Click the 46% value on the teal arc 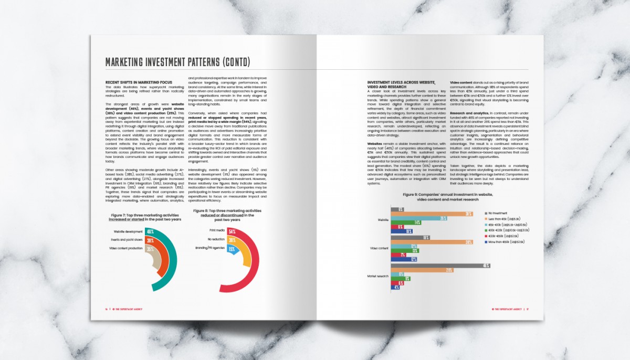pyautogui.click(x=150, y=231)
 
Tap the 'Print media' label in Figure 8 pyautogui.click(x=217, y=230)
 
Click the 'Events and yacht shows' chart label pyautogui.click(x=126, y=240)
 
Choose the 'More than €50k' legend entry pyautogui.click(x=507, y=242)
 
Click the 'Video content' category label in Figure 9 pyautogui.click(x=380, y=248)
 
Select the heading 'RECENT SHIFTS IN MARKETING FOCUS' pyautogui.click(x=139, y=82)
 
